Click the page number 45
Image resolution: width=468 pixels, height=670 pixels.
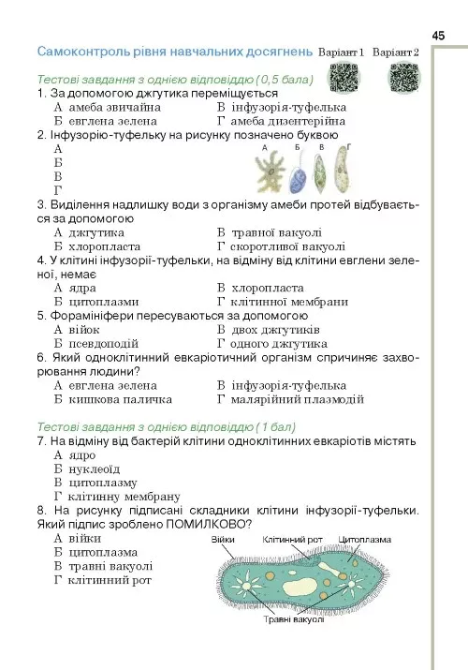tap(438, 35)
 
